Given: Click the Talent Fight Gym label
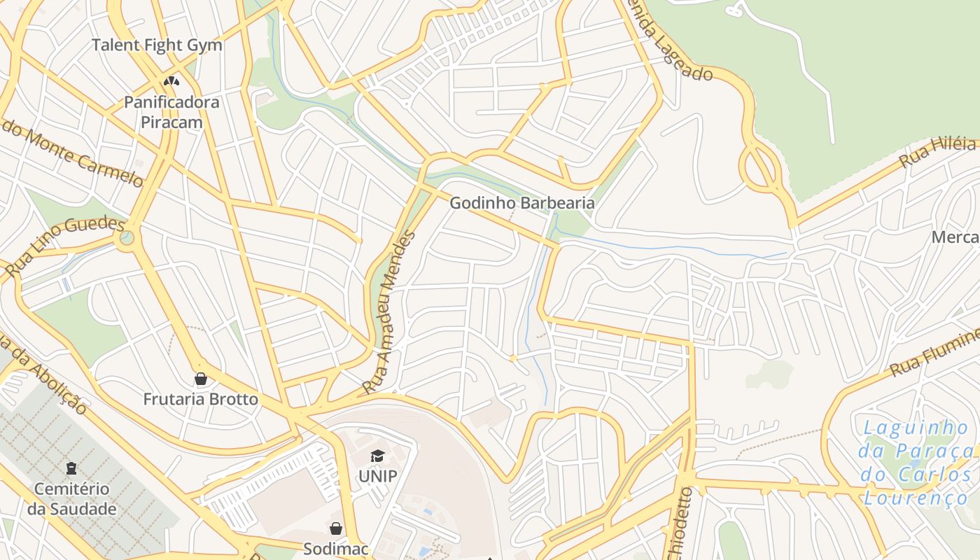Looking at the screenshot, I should coord(157,45).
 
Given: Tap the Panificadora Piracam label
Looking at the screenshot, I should coord(171,112).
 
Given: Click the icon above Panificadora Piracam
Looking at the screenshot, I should coord(171,81).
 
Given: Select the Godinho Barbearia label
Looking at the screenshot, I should coord(521,203).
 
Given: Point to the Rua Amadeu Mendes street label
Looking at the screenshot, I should coord(389,312).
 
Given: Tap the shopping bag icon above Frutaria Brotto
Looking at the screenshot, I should coord(201,379).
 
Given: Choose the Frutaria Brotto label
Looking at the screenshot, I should coord(201,400).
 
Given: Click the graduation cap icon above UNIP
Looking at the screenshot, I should coord(377,456).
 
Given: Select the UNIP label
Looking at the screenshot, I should coord(377,477).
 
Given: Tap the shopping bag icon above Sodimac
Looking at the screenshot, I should coord(336,528).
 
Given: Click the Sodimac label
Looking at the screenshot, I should coord(336,549).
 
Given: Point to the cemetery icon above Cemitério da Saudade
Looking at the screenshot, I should coord(71,468).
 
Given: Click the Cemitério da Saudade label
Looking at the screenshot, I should coord(71,498).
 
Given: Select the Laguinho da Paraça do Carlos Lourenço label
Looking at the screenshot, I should coord(916,463).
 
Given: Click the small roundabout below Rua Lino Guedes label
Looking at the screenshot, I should coord(126,239).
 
